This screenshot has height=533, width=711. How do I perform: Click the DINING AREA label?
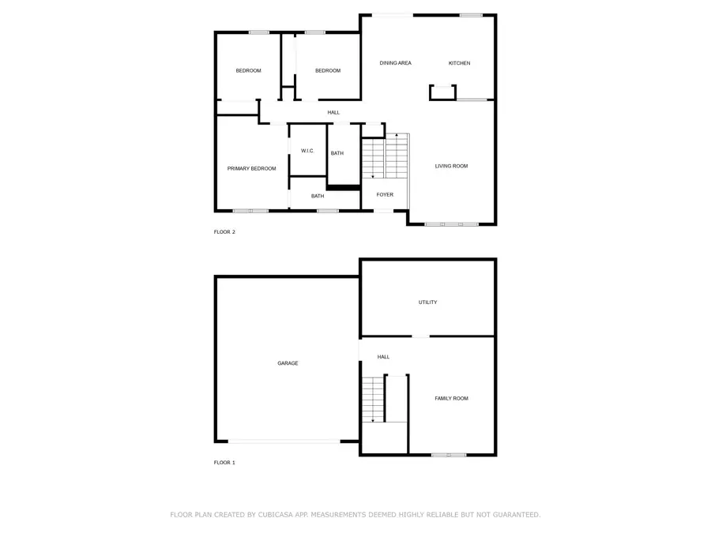pyautogui.click(x=395, y=63)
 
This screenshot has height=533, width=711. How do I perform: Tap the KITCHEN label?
pyautogui.click(x=459, y=63)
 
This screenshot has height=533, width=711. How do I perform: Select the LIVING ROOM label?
pyautogui.click(x=451, y=166)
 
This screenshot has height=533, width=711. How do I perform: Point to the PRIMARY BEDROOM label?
pyautogui.click(x=251, y=168)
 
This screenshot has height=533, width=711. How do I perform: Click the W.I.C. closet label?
pyautogui.click(x=307, y=151)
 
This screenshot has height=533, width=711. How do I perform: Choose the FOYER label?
pyautogui.click(x=385, y=194)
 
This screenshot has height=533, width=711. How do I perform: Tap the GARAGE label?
pyautogui.click(x=288, y=363)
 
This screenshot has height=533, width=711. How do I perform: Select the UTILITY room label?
pyautogui.click(x=427, y=302)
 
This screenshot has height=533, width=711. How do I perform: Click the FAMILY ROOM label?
pyautogui.click(x=451, y=399)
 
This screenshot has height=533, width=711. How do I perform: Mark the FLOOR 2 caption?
pyautogui.click(x=224, y=232)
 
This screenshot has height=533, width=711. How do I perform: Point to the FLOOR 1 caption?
pyautogui.click(x=224, y=463)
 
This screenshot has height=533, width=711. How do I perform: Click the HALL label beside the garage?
pyautogui.click(x=383, y=357)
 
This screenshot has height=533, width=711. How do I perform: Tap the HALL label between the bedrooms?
pyautogui.click(x=333, y=112)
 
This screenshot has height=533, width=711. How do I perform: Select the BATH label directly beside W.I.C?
pyautogui.click(x=337, y=153)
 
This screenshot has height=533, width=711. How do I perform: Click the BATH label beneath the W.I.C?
pyautogui.click(x=317, y=196)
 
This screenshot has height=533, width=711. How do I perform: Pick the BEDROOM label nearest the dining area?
pyautogui.click(x=327, y=71)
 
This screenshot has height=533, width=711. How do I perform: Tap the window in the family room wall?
pyautogui.click(x=449, y=455)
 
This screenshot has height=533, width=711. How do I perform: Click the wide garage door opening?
pyautogui.click(x=284, y=441)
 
